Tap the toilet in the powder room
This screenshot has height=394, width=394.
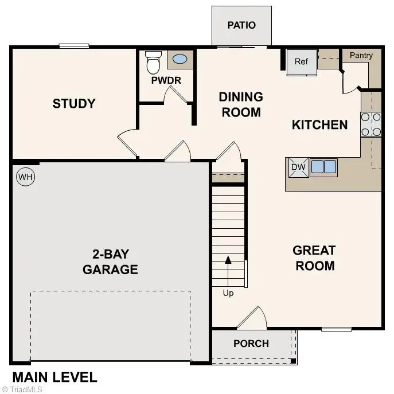click(153, 63)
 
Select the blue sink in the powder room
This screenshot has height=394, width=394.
click(180, 59)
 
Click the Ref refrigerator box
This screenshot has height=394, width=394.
click(302, 62)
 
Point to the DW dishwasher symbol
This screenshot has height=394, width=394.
click(298, 167)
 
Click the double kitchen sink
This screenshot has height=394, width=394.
click(323, 167)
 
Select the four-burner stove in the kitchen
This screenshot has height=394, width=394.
click(371, 124)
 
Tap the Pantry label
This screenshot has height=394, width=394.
click(361, 56)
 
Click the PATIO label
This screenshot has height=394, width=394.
click(241, 25)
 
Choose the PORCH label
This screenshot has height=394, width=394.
click(251, 344)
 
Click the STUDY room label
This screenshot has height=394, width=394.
click(74, 104)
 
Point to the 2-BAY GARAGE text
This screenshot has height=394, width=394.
click(110, 262)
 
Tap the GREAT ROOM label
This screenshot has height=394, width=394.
click(314, 258)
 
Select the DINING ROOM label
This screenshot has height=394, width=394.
click(241, 104)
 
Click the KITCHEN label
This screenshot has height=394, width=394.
click(319, 124)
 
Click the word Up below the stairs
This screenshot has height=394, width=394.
click(228, 294)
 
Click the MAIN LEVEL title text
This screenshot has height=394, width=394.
click(54, 377)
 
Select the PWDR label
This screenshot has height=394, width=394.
click(166, 81)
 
